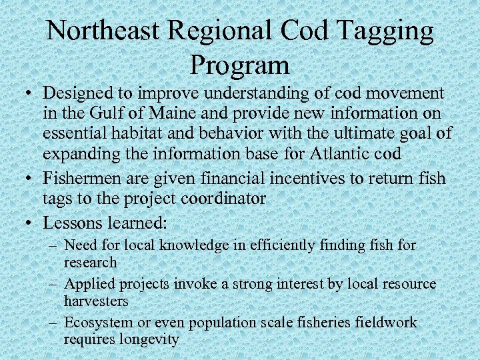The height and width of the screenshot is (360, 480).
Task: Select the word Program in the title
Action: (239, 65)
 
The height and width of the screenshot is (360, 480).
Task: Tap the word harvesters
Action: (96, 301)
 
